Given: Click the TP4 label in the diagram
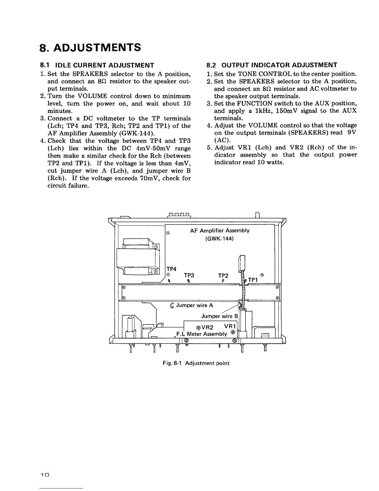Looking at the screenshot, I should tap(171, 269).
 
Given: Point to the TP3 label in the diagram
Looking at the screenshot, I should tap(189, 275).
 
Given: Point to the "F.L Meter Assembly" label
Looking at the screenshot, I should tap(201, 334).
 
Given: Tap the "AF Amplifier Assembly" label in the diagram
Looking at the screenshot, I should tap(219, 231).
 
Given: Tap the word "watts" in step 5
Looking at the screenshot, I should tap(275, 162).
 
